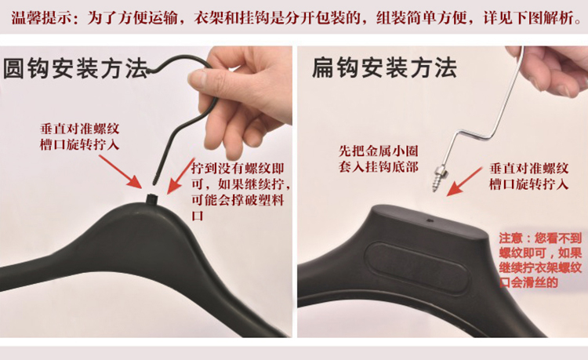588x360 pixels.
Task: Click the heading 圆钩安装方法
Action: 76,69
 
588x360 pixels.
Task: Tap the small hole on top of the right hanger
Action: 430,221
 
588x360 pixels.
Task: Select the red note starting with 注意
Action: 541,260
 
